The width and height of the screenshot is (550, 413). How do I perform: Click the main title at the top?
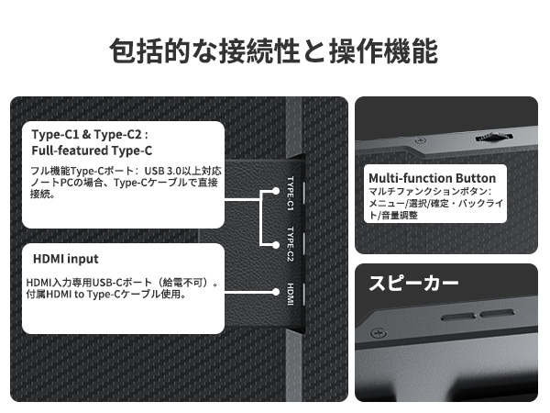point(273,50)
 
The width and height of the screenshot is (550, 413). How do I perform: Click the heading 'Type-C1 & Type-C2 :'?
point(89,134)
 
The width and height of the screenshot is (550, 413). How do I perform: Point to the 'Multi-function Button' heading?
point(431,177)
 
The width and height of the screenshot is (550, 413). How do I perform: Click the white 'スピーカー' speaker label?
point(412,284)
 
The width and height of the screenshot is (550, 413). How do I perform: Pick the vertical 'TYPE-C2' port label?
point(291,243)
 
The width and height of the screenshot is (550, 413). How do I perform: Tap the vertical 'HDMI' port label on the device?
point(291,293)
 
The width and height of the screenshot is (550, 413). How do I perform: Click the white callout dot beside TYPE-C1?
point(275,192)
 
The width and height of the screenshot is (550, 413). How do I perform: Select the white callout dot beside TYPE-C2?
point(275,244)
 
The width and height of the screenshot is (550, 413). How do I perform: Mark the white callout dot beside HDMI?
point(275,293)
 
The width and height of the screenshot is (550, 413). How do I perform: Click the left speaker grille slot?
point(456,317)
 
